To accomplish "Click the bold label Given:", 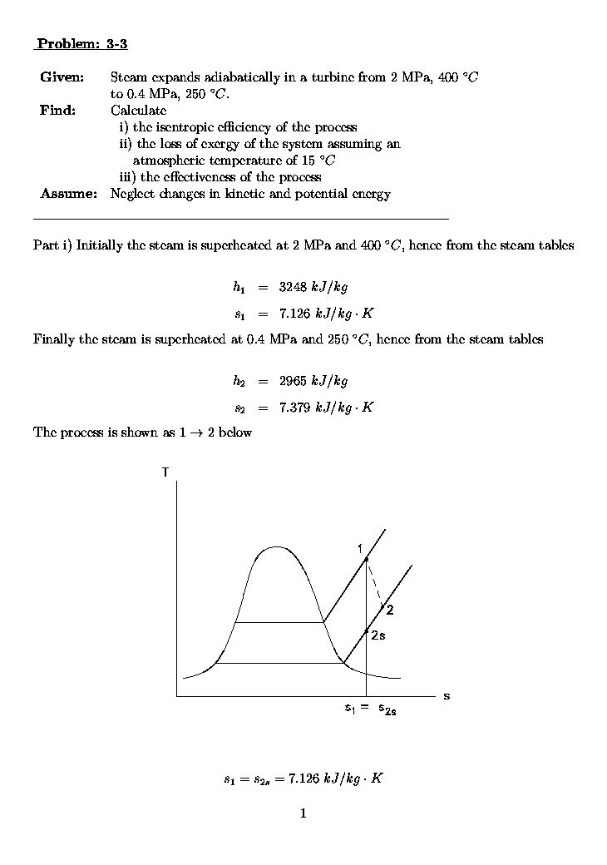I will (62, 77).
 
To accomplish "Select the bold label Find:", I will (57, 111).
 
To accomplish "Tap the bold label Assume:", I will (69, 194).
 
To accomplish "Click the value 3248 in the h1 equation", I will (294, 288).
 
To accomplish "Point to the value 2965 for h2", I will (294, 382).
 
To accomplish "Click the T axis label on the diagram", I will (165, 472).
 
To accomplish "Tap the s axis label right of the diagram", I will (447, 695).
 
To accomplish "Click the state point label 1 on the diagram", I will (359, 548).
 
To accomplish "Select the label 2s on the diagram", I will (378, 635).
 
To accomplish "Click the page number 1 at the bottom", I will (303, 813).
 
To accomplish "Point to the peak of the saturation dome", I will (276, 547).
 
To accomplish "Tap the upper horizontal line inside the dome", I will (279, 622).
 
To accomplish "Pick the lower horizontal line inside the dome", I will (279, 663).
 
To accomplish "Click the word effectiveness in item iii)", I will (201, 177).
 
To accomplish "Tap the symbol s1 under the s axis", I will (350, 709).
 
